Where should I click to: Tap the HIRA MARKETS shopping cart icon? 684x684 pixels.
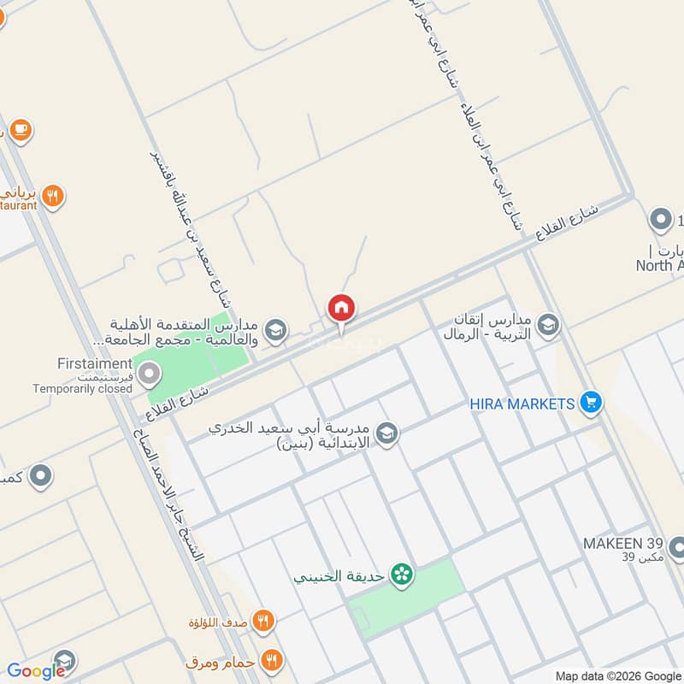590,403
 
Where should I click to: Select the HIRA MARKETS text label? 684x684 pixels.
521,403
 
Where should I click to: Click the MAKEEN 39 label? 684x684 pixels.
621,543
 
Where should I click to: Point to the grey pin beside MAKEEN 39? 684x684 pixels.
676,545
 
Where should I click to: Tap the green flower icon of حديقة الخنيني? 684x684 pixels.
400,575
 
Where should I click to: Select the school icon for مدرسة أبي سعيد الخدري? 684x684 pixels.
387,433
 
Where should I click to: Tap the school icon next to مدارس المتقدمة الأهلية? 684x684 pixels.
275,331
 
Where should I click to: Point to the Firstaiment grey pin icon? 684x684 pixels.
150,374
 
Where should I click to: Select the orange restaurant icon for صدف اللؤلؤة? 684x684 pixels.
263,622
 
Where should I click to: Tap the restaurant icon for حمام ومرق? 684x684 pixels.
272,660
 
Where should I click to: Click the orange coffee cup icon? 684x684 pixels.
21,131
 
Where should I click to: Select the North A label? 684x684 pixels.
659,265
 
